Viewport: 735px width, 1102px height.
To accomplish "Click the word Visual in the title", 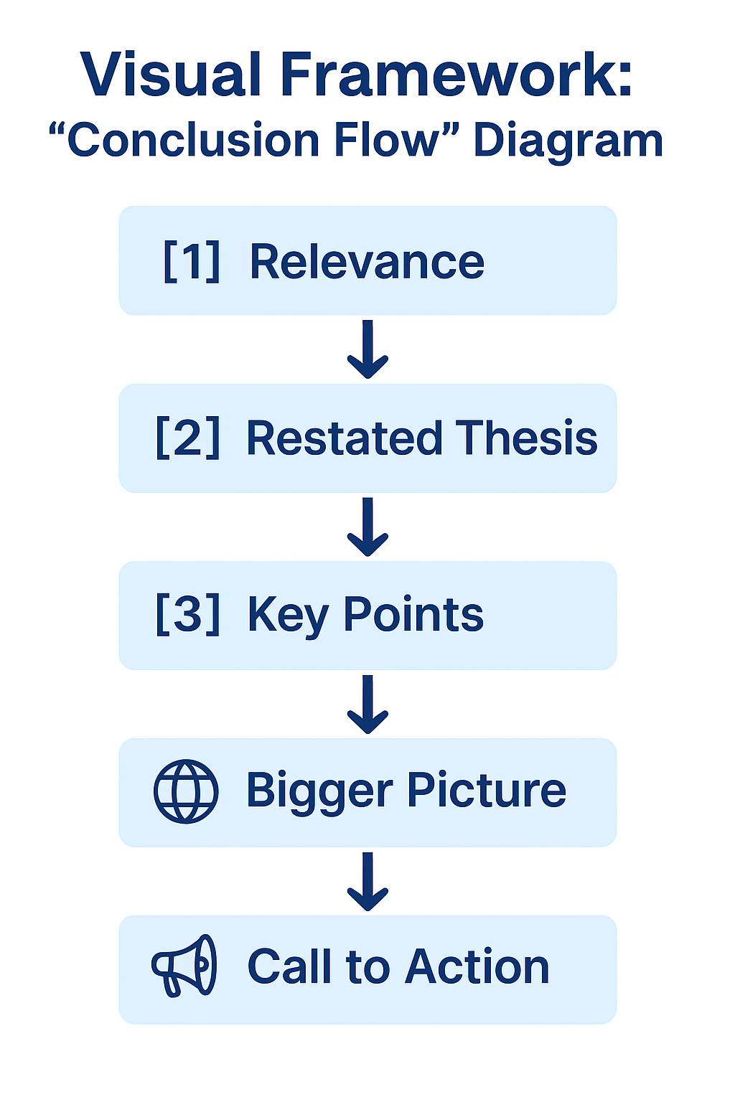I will [170, 75].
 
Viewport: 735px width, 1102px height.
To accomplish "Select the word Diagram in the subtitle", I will [568, 141].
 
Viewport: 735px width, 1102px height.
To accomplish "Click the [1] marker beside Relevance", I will [192, 261].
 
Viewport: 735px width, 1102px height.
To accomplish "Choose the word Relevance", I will [367, 261].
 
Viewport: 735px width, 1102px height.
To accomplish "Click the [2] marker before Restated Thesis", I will [187, 438].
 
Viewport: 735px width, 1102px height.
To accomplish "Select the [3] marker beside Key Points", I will [187, 615].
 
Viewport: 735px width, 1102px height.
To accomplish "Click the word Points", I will [413, 615].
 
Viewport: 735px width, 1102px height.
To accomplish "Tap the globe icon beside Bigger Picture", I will [186, 791].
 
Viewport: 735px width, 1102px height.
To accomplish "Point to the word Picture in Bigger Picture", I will [487, 791].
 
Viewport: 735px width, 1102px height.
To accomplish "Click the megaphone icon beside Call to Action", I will [184, 966].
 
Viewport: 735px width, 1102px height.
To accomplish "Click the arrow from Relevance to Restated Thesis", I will [367, 349].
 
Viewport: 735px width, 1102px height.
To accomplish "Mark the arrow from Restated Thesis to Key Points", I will [367, 527].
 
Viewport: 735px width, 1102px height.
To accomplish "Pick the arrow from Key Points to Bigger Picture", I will [367, 704].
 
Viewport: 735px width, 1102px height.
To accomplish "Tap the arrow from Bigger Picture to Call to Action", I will [367, 881].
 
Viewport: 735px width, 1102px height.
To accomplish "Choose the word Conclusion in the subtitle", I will [192, 141].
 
